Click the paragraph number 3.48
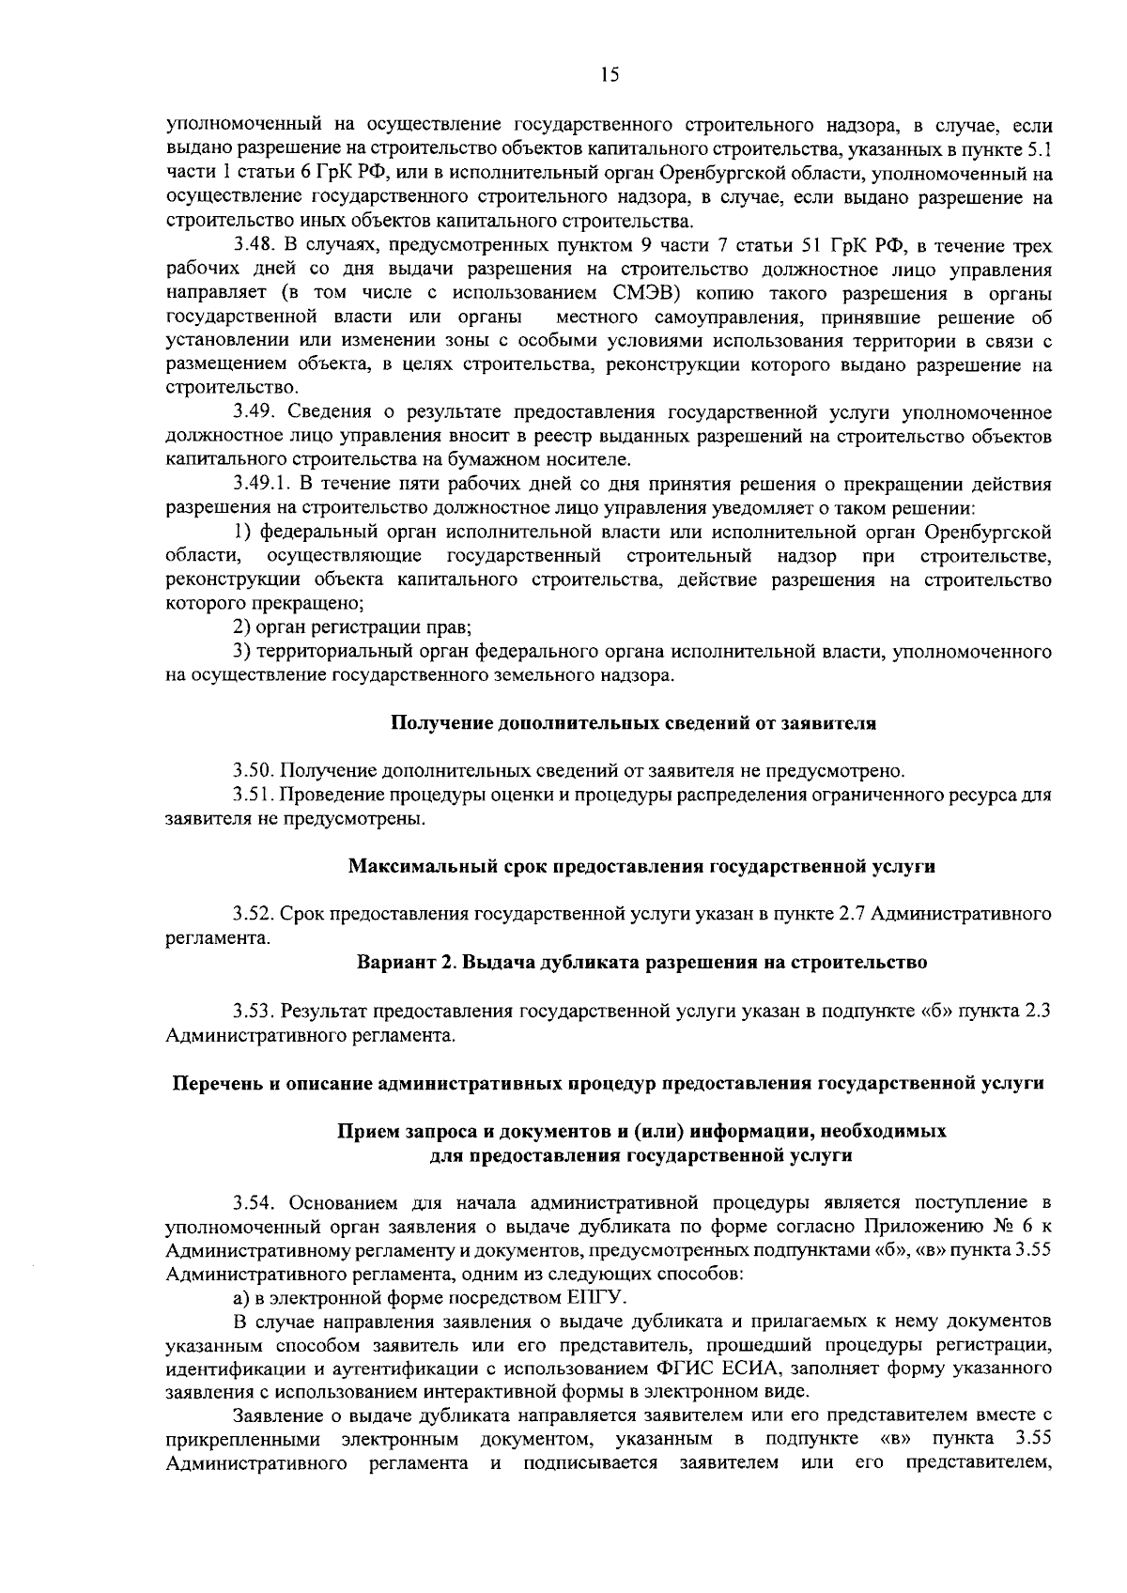coord(254,247)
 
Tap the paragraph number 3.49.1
coord(262,485)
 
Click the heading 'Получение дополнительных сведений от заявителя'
coord(633,723)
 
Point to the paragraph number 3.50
coord(254,771)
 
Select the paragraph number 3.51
coord(254,795)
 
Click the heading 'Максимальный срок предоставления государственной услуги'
coord(641,866)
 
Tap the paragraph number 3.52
coord(254,914)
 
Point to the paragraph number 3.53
coord(254,1012)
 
